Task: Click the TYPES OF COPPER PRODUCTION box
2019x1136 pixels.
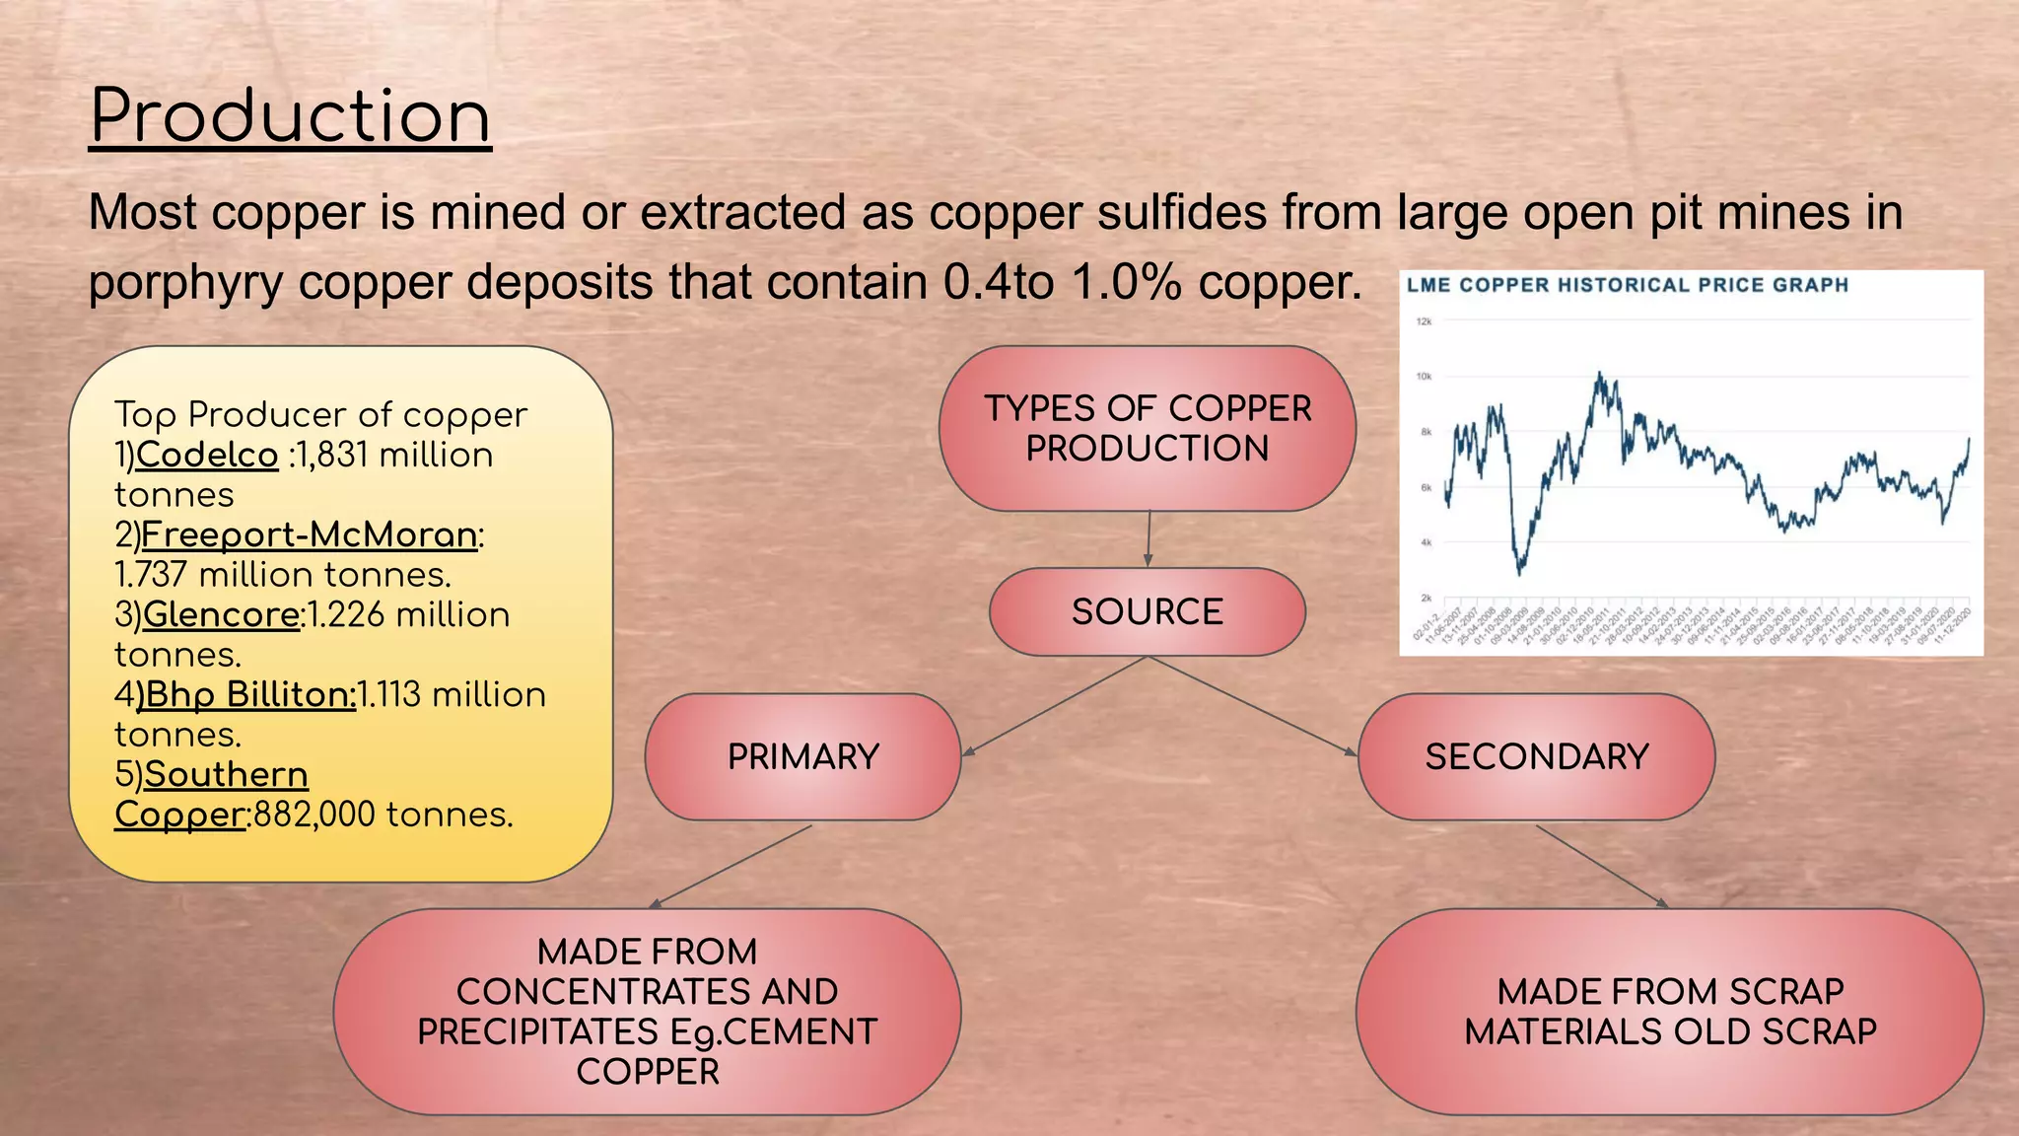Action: (x=1147, y=428)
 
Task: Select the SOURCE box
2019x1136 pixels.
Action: (x=1147, y=611)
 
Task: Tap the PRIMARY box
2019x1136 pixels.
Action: (x=802, y=756)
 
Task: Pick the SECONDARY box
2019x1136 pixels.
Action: (x=1536, y=756)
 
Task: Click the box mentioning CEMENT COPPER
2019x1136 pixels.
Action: (x=647, y=1011)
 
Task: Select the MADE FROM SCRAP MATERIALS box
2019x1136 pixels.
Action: (x=1669, y=1011)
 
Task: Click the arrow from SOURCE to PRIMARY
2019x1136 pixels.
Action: (x=1055, y=706)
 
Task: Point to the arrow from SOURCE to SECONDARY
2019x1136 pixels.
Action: (x=1252, y=706)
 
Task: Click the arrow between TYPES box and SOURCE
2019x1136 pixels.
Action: (x=1149, y=538)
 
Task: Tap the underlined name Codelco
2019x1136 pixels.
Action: (x=207, y=455)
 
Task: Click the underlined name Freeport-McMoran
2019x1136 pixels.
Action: (x=310, y=534)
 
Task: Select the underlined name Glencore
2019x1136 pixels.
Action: (x=221, y=614)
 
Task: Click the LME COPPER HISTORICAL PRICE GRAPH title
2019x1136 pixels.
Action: (x=1627, y=285)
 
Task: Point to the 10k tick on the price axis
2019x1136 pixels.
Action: (x=1424, y=376)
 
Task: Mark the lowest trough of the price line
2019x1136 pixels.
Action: (x=1520, y=572)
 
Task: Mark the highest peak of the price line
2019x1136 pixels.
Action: (x=1599, y=374)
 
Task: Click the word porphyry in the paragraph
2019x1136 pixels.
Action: (x=185, y=284)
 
